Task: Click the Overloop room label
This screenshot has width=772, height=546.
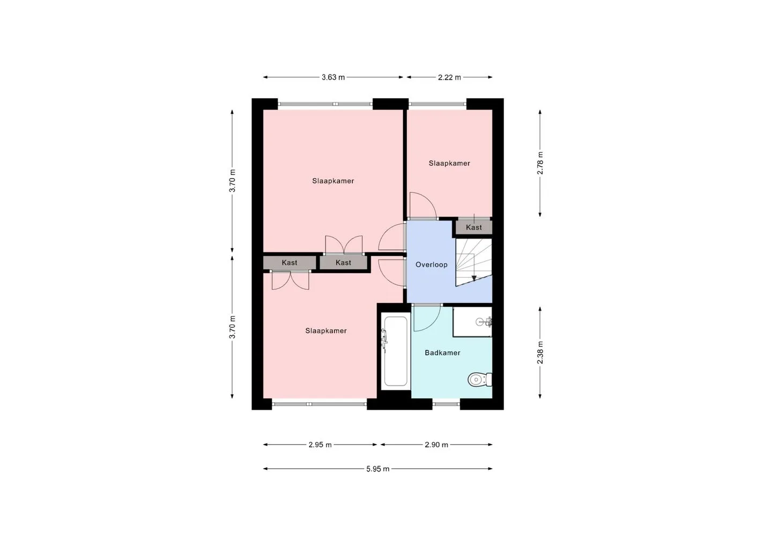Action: coord(431,265)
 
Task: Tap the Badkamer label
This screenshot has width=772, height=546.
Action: coord(442,352)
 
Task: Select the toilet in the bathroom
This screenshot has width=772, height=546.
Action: coord(480,380)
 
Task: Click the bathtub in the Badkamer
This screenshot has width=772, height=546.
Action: coord(396,351)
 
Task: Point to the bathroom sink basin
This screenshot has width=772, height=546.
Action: coord(481,322)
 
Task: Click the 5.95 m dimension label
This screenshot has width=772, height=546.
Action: coord(378,469)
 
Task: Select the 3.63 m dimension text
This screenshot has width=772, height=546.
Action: coord(333,77)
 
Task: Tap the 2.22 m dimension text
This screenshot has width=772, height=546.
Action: coord(449,77)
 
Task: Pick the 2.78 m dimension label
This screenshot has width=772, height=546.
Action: coord(540,163)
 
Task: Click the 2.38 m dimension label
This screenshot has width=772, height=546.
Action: coord(540,352)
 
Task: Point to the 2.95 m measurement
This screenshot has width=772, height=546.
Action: coord(320,445)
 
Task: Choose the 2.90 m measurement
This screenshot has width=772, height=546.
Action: coord(436,445)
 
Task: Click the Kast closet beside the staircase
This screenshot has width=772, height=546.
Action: coord(474,227)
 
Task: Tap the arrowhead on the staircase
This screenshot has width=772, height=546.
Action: coord(474,278)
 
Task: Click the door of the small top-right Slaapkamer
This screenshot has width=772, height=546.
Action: coord(423,206)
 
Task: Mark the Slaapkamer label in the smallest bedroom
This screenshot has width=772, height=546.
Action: coord(449,163)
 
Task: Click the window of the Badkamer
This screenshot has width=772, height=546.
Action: coord(446,404)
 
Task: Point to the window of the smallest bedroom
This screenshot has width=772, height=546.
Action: coord(437,104)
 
